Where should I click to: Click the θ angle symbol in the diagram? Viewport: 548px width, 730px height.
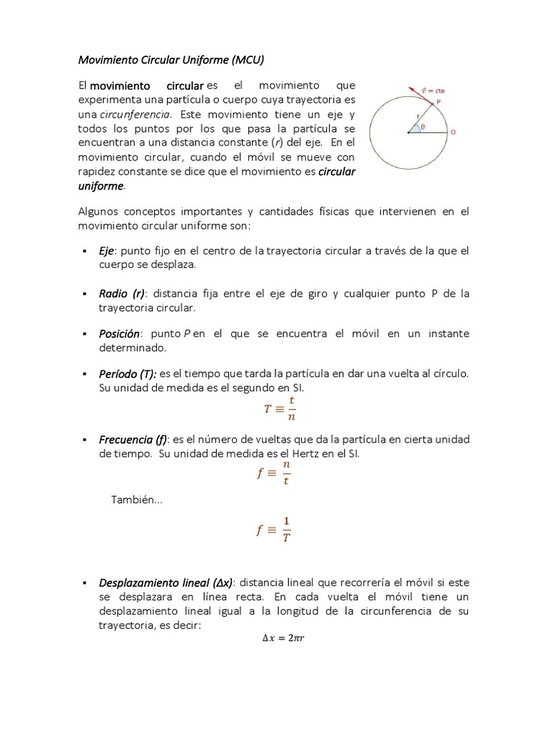(422, 127)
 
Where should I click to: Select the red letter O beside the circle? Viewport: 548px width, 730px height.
(453, 133)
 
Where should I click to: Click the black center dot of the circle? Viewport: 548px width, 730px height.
(409, 132)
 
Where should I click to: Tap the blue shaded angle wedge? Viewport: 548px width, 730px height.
(415, 128)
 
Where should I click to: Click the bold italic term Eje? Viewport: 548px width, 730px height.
(106, 250)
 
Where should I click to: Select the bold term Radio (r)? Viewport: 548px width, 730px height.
(122, 294)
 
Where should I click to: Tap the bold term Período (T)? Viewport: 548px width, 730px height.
(127, 374)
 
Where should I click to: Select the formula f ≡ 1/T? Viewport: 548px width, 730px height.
(275, 530)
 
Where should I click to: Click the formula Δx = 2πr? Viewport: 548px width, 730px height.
(283, 638)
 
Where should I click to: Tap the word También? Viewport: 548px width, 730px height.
(136, 500)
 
